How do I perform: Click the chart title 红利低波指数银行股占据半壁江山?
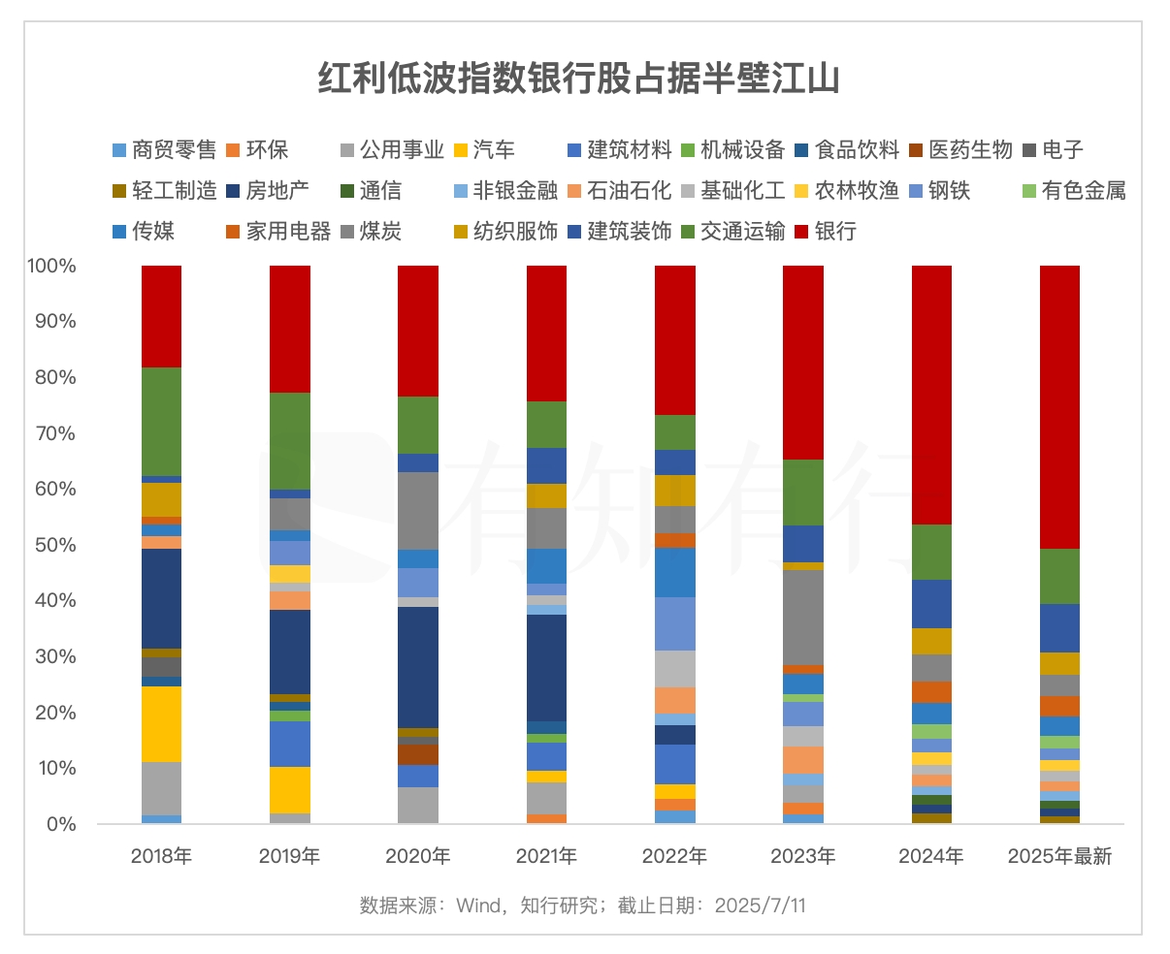[578, 78]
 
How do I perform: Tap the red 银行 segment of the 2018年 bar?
[161, 316]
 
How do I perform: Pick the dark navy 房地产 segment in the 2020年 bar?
[418, 667]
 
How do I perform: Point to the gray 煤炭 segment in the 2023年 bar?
[802, 617]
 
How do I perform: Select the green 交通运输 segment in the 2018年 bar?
[161, 421]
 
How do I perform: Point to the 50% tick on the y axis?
[56, 545]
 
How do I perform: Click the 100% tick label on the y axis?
[52, 266]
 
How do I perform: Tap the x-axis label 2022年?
[674, 856]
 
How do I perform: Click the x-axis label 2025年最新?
[1059, 856]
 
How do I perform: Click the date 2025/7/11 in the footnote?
[760, 906]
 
